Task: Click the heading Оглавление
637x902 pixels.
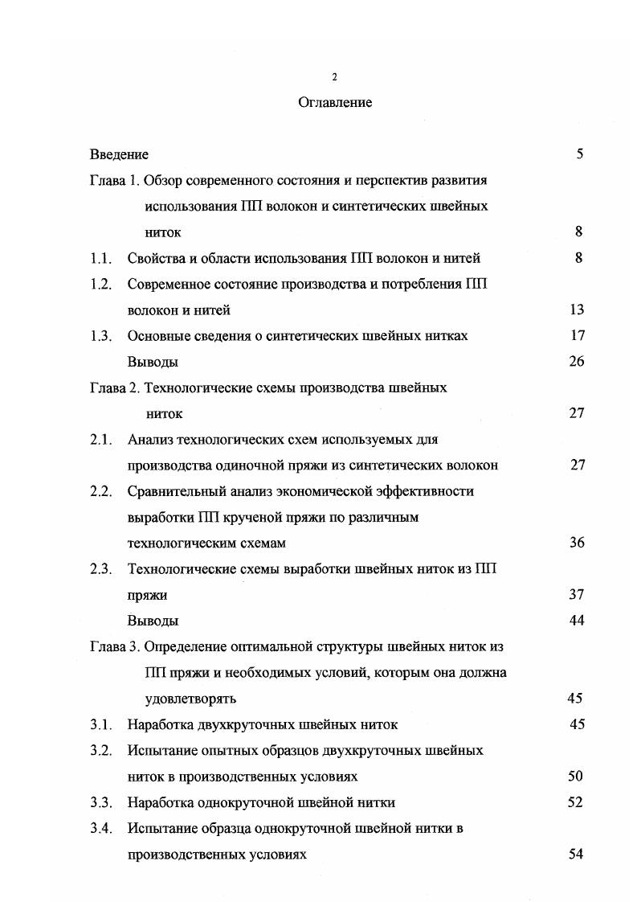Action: (335, 103)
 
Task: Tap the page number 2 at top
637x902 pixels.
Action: (335, 77)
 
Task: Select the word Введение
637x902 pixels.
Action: (119, 154)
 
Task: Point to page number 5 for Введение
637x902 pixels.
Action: (579, 154)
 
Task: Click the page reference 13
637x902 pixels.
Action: (576, 310)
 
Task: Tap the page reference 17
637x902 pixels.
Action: (576, 335)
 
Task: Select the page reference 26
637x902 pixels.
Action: (576, 361)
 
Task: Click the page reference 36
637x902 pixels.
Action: (576, 543)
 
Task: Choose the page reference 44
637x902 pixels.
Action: (576, 620)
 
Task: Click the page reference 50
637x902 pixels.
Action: (574, 776)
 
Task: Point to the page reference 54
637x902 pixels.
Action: (574, 854)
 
